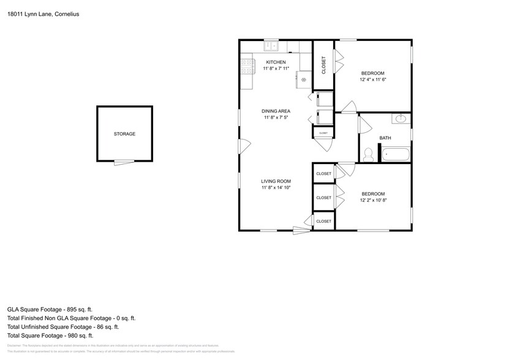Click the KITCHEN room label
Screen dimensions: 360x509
pos(275,62)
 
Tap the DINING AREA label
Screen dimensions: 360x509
pos(277,111)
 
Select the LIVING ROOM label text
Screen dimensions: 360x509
pos(276,181)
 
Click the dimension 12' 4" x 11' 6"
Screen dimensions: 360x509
pos(372,80)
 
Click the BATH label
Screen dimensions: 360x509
pos(385,138)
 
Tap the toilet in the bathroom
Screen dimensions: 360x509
pos(368,156)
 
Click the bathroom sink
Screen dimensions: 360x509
pos(402,118)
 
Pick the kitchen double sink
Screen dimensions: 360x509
pos(271,46)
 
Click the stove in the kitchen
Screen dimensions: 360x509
pos(247,66)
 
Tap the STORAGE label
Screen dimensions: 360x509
pos(124,134)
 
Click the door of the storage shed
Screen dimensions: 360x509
pos(123,162)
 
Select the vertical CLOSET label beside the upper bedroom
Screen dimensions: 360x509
pos(324,65)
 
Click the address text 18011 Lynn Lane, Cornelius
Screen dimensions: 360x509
pos(43,13)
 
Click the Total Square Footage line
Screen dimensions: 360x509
pos(50,336)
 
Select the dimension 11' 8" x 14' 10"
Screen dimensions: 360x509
pos(276,188)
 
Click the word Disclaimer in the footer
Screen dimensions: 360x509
pos(15,346)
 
